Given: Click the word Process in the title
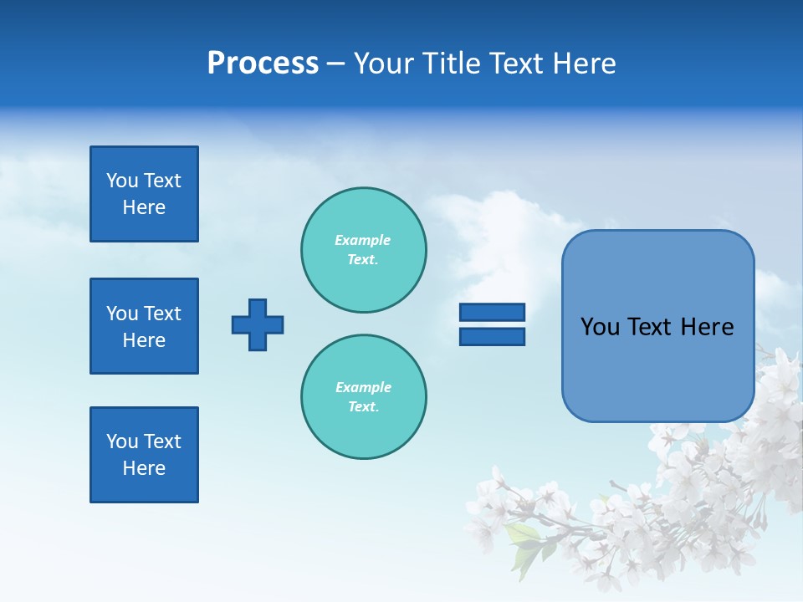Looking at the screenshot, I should coord(263,64).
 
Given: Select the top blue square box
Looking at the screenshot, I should coord(144,194).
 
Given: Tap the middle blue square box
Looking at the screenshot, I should coord(144,326).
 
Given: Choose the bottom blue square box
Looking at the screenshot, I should coord(144,455).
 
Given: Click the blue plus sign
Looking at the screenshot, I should coord(258,324).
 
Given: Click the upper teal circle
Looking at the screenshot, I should coord(363,249).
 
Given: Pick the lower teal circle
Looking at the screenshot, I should coord(363,396).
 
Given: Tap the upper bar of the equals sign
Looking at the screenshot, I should coord(492,312).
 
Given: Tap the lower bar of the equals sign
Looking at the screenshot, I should coord(492,336).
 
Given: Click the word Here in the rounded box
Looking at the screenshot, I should coord(707,327).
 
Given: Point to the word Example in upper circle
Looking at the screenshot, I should coord(363,240).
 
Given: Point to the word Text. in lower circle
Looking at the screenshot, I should coord(363,406).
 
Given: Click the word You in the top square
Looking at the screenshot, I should coord(122,181).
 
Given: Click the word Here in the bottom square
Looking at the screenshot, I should coord(144,468).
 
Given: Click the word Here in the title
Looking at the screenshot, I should coord(585,64).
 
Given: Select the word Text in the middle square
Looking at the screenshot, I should coord(162,314).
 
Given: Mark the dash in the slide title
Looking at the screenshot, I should coord(335,64).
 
